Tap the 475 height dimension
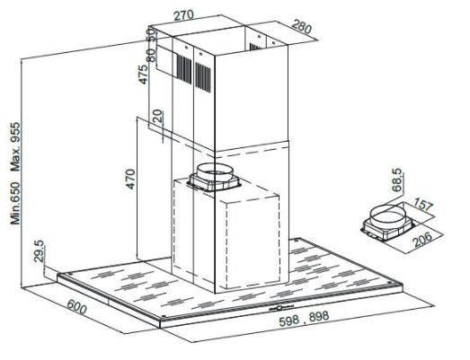coord(143,75)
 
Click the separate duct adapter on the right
coord(387,221)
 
